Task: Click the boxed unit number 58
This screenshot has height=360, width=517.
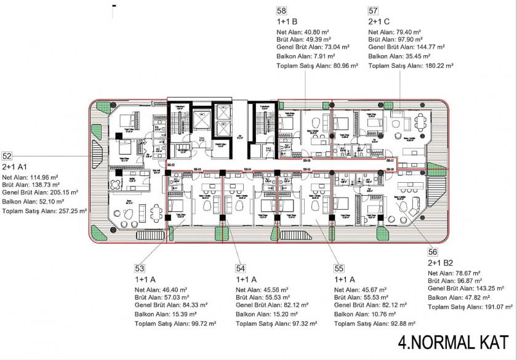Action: click(x=281, y=10)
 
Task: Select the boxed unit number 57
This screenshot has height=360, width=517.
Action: click(x=373, y=10)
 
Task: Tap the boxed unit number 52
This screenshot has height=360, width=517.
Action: click(x=7, y=156)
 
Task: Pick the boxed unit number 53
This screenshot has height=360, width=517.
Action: click(x=140, y=268)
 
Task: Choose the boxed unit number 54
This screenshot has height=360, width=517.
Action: click(x=241, y=268)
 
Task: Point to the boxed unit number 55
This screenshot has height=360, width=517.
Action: click(x=339, y=268)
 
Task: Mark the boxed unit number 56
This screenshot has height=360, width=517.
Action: click(x=433, y=251)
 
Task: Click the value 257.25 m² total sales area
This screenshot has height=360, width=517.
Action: click(x=70, y=210)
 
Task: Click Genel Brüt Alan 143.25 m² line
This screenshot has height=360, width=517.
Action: click(x=462, y=288)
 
